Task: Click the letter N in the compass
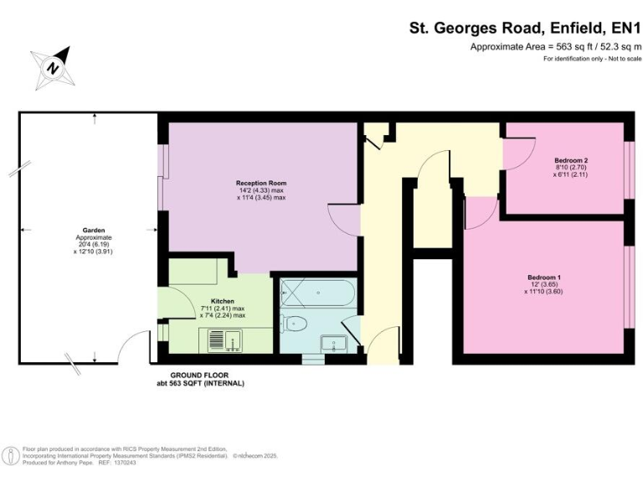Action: tap(53, 67)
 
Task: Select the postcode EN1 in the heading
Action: tap(619, 27)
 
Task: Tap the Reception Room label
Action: tap(261, 183)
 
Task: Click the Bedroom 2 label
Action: tap(571, 160)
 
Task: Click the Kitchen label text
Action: tap(222, 301)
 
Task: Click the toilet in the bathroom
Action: tap(296, 324)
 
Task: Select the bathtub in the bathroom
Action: tap(317, 294)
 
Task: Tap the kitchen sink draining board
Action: tap(215, 339)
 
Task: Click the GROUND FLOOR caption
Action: tap(199, 375)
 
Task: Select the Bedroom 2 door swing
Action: tap(519, 152)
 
